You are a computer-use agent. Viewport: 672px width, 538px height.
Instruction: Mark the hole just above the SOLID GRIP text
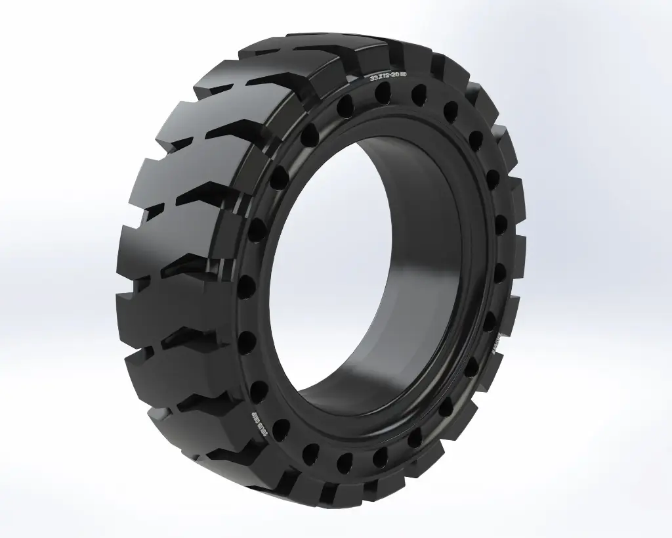pyautogui.click(x=260, y=392)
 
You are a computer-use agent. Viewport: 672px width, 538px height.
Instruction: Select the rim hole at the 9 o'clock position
pyautogui.click(x=247, y=286)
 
